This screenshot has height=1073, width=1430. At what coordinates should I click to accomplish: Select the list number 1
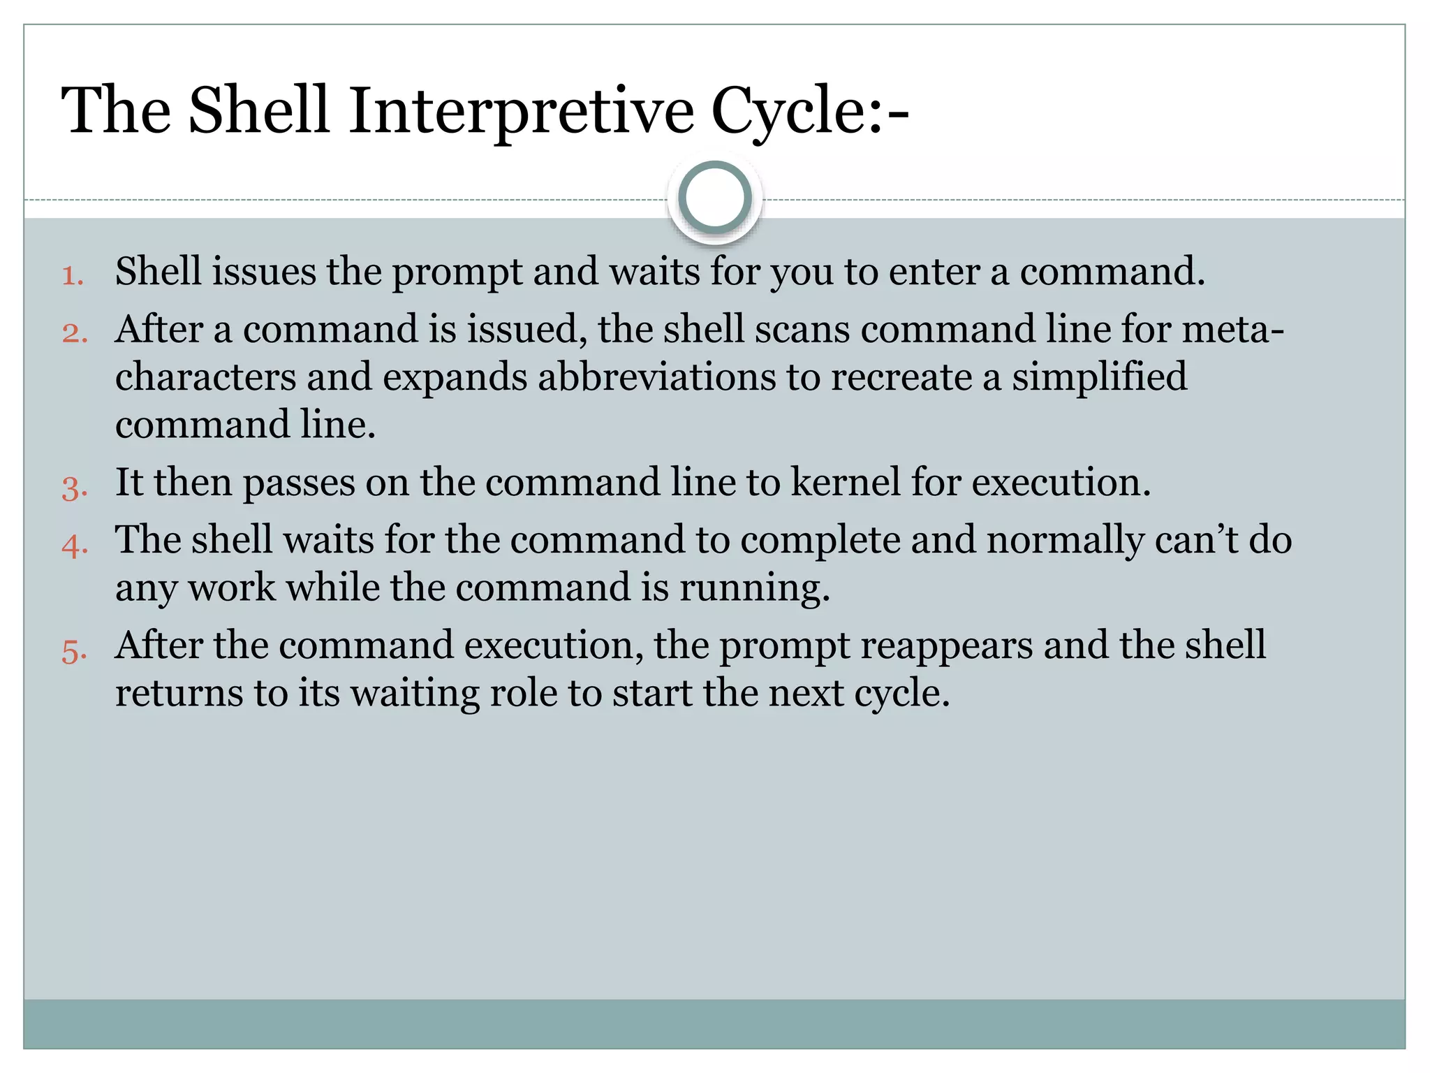(72, 275)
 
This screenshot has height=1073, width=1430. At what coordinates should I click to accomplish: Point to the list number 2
(74, 333)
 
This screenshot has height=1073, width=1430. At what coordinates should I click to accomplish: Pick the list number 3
(74, 486)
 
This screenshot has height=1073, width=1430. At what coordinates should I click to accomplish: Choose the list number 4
(74, 544)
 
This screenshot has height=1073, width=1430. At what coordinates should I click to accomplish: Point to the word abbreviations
(656, 377)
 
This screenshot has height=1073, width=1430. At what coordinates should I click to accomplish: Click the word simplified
(1099, 377)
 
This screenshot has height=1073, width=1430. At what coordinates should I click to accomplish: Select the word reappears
(946, 647)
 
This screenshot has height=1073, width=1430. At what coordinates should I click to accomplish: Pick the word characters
(205, 377)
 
